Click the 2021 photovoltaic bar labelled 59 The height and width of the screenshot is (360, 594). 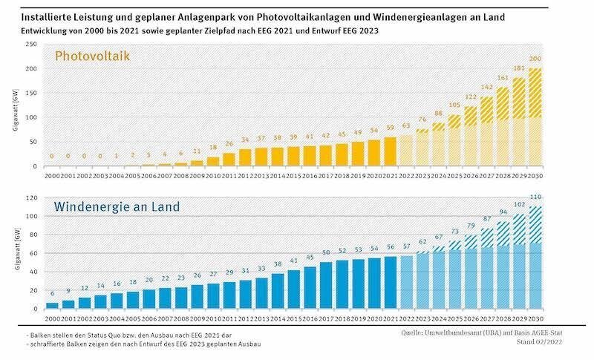click(x=391, y=151)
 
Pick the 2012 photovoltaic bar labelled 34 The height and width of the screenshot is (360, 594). click(x=245, y=157)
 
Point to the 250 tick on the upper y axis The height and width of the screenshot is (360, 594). click(x=30, y=45)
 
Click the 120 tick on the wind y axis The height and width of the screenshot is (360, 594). click(x=30, y=199)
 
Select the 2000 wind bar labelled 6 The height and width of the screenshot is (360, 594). click(x=52, y=305)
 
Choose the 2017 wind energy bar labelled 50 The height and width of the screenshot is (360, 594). click(x=326, y=285)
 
